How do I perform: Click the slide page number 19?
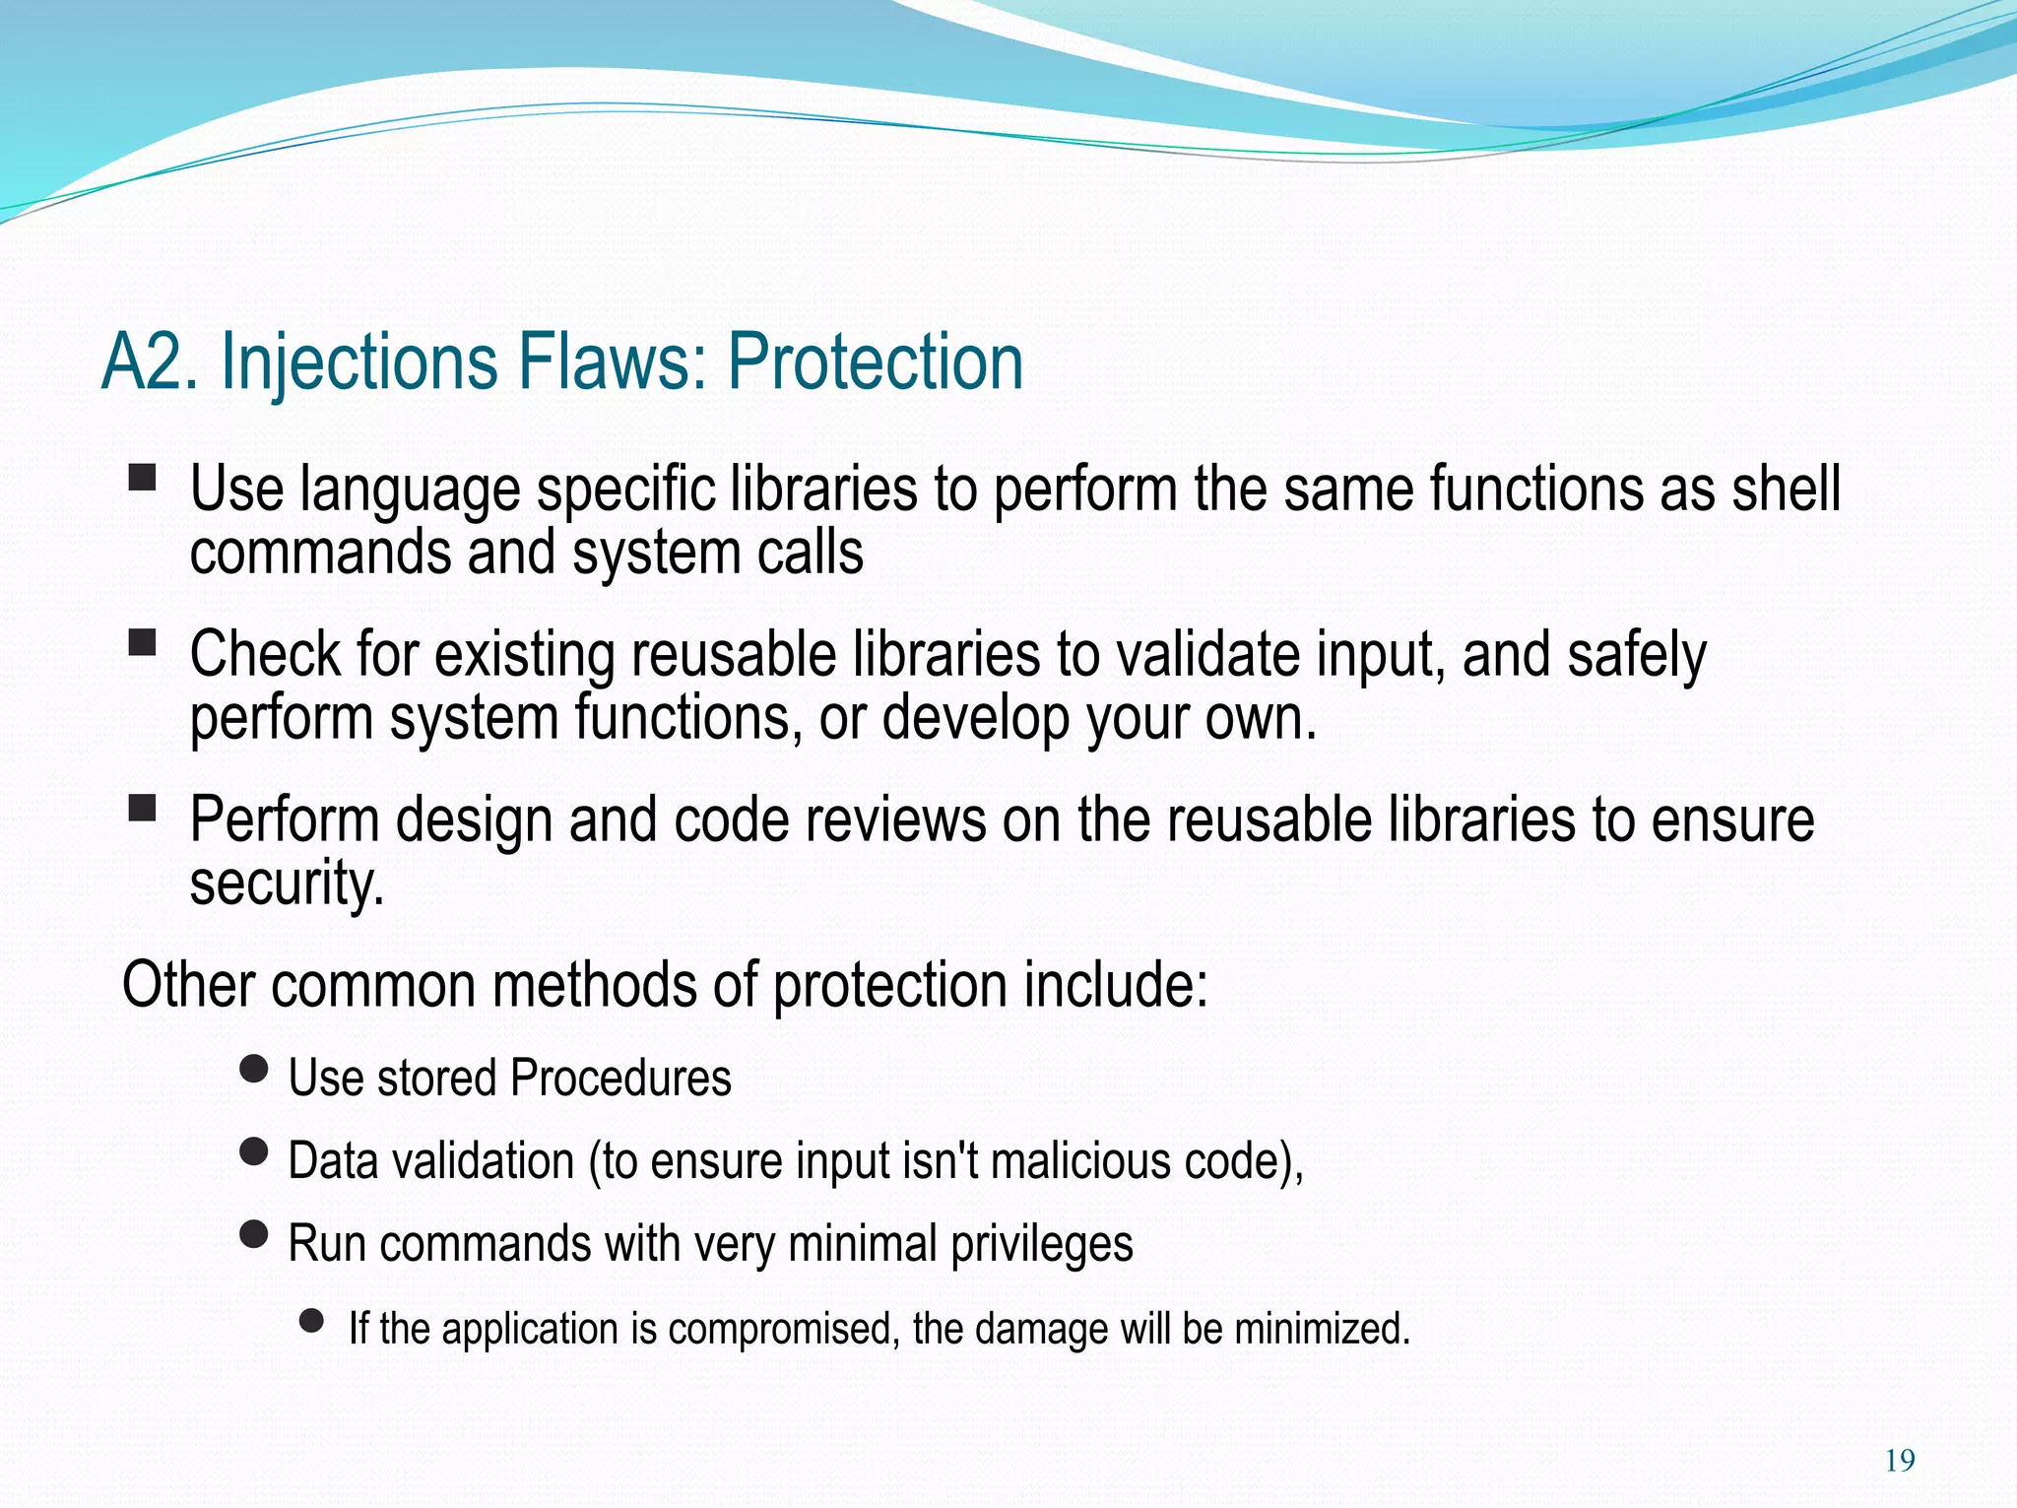tap(1900, 1461)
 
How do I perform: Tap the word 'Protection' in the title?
tap(876, 361)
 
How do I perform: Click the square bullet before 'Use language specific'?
tap(143, 479)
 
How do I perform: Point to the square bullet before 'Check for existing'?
tap(143, 644)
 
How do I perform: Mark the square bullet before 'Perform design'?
tap(143, 810)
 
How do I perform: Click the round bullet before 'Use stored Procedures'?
tap(254, 1069)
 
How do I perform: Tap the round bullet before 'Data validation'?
tap(254, 1151)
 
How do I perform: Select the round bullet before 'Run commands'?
tap(254, 1234)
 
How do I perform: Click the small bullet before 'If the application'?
tap(312, 1321)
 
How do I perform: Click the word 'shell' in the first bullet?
tap(1786, 489)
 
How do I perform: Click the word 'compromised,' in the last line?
tap(784, 1330)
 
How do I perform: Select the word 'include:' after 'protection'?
tap(1116, 985)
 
